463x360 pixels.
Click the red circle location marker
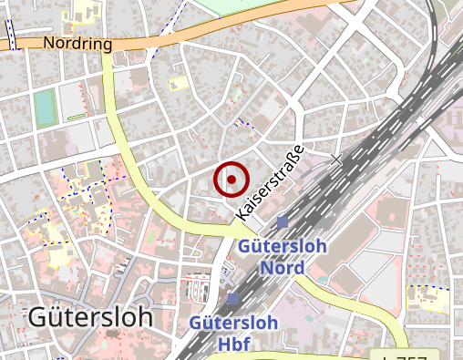pos(231,180)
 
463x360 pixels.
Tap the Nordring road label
pos(77,44)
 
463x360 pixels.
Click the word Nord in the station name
pos(282,267)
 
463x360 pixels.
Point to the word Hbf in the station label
pos(233,344)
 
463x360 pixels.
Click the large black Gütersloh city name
pos(90,317)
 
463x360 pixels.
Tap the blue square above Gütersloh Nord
pos(283,222)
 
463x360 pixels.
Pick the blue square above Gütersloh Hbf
pos(233,299)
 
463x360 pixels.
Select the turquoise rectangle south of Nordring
pos(44,108)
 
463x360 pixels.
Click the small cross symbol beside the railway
pos(336,160)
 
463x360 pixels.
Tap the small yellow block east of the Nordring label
pos(177,84)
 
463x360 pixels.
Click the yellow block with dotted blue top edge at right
pos(427,299)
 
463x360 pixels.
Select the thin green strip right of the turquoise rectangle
pos(77,118)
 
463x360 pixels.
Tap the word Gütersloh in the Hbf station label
pos(233,324)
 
